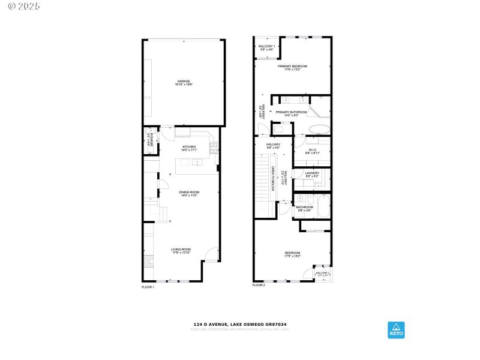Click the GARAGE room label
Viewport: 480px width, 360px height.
tap(183, 81)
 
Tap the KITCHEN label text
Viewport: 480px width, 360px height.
tap(190, 146)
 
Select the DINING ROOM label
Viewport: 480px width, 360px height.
tap(190, 192)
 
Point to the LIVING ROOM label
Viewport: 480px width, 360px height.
tap(181, 249)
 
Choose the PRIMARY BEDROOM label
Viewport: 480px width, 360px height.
tap(292, 66)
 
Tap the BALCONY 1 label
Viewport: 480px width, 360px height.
tap(266, 46)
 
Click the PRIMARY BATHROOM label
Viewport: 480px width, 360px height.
tap(291, 112)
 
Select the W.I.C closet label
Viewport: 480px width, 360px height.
tap(312, 151)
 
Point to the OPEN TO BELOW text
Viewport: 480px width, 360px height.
tap(272, 179)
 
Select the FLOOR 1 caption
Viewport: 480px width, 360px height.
tap(148, 287)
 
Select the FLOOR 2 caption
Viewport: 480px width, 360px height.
tap(259, 285)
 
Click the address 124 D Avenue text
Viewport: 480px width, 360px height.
tap(239, 325)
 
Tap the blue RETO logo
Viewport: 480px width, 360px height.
tap(396, 329)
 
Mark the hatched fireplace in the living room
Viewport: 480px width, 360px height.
tap(148, 260)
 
